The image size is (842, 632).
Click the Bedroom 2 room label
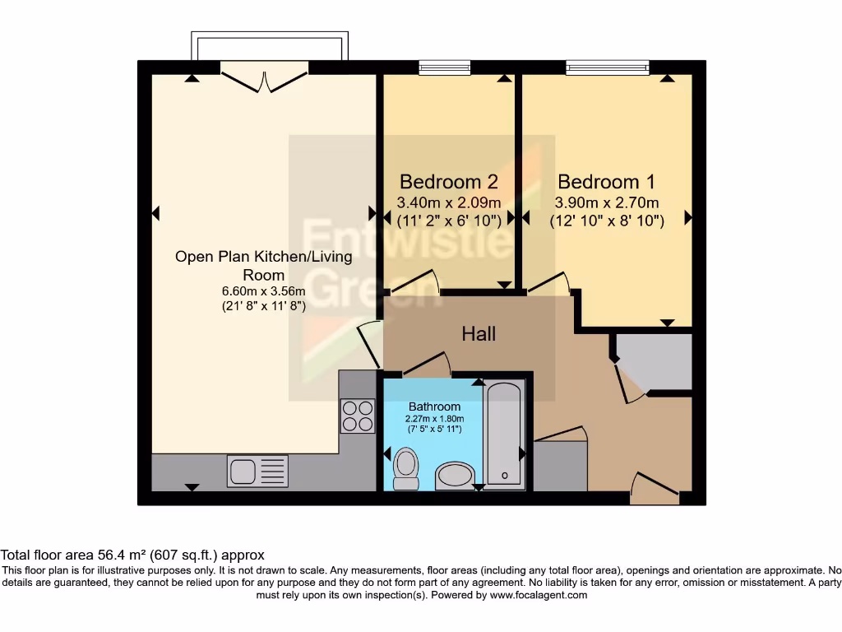pos(448,181)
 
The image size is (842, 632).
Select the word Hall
pos(478,333)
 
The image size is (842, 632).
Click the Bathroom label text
pos(434,407)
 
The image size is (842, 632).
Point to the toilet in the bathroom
pos(405,467)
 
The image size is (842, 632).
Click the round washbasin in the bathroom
pos(454,475)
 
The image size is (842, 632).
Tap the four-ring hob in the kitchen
pos(357,415)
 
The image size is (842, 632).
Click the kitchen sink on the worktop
pos(257,472)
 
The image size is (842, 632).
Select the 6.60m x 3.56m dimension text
pos(263,291)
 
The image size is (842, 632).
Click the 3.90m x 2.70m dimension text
pos(606,202)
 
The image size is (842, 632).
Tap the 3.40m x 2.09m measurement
pos(448,202)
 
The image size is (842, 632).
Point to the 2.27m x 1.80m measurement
pos(434,418)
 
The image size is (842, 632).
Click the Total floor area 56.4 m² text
pos(132,555)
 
